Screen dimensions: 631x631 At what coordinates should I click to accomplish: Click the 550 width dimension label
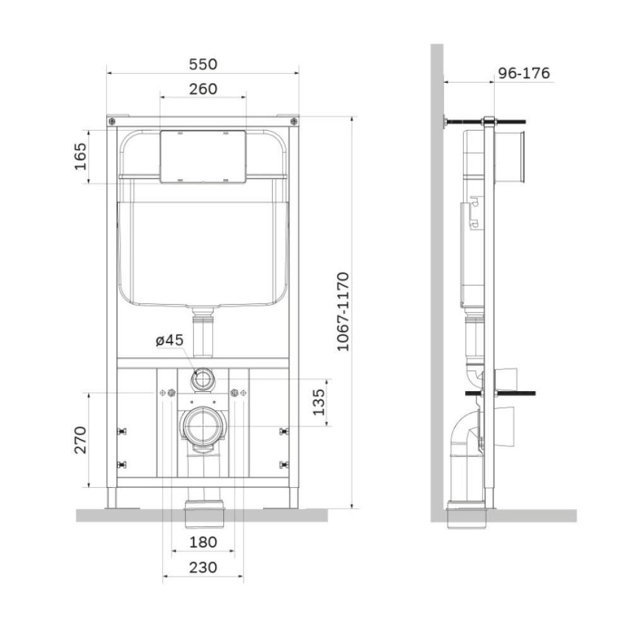(x=203, y=64)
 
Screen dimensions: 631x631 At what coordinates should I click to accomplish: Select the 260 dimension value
(x=203, y=89)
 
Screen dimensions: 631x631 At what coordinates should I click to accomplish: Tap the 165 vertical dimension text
(x=81, y=156)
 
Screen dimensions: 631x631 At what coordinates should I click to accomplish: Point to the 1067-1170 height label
(x=343, y=312)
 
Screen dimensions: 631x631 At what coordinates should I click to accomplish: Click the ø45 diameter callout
(x=169, y=340)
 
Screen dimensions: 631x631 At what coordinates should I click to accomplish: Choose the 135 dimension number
(x=318, y=402)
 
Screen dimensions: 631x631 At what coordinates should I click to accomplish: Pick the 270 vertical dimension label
(x=81, y=440)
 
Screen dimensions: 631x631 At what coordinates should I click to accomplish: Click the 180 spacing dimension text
(x=203, y=542)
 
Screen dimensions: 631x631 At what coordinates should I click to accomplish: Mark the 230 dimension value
(x=203, y=567)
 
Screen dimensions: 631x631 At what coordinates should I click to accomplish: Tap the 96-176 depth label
(x=524, y=73)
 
